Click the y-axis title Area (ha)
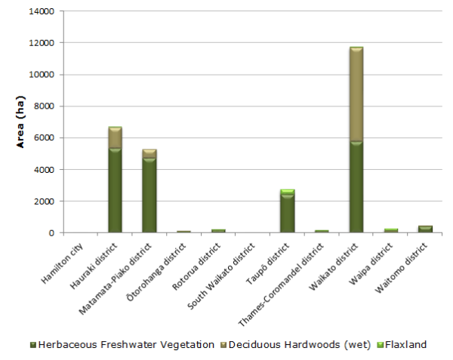pos(23,122)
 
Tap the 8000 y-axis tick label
pos(43,106)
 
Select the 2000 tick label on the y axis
pos(43,202)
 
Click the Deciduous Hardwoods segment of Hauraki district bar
pos(115,138)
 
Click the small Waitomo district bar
pos(424,229)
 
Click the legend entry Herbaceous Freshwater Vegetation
pos(121,345)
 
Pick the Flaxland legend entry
pos(402,345)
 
